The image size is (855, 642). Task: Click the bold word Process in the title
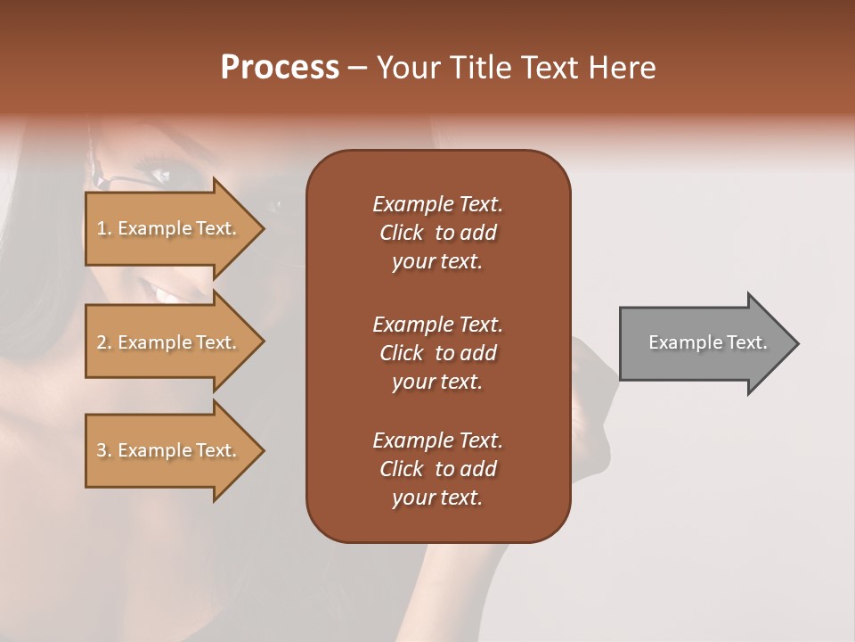pyautogui.click(x=280, y=68)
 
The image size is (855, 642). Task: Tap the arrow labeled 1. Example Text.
pyautogui.click(x=169, y=228)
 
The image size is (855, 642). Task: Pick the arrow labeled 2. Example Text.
pyautogui.click(x=169, y=342)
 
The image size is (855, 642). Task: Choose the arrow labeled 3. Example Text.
pyautogui.click(x=169, y=450)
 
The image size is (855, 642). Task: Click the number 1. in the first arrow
pyautogui.click(x=104, y=228)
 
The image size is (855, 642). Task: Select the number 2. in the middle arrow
pyautogui.click(x=104, y=342)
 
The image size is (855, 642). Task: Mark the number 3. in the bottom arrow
pyautogui.click(x=104, y=450)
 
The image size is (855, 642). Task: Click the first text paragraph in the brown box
pyautogui.click(x=437, y=233)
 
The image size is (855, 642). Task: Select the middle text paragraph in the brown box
pyautogui.click(x=437, y=353)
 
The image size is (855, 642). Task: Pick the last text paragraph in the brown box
pyautogui.click(x=437, y=469)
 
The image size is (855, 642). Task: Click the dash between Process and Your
pyautogui.click(x=357, y=69)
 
